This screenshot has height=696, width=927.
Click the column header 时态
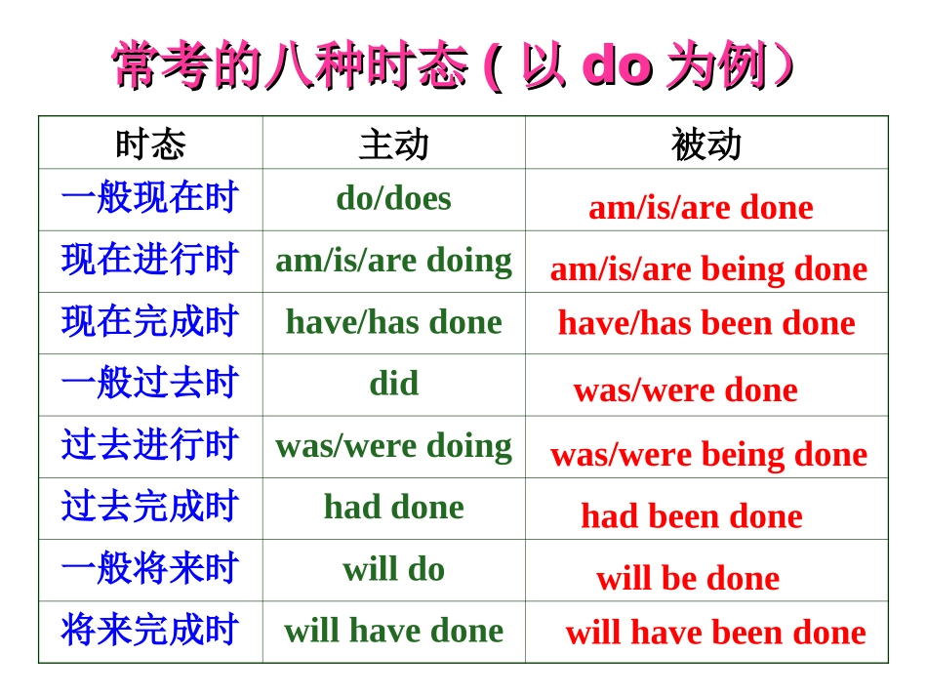pos(150,144)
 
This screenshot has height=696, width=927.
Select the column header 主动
pos(393,144)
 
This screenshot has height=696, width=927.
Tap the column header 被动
pos(705,144)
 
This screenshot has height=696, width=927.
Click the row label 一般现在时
pos(150,198)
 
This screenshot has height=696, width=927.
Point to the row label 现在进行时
pos(150,261)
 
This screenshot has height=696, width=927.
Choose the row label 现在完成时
pos(150,322)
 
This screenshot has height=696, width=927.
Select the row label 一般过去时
pos(150,384)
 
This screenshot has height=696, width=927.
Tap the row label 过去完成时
pos(150,508)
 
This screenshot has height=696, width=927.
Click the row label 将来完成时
pos(150,631)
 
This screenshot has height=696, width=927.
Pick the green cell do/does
pos(393,198)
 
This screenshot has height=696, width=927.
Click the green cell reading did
pos(393,384)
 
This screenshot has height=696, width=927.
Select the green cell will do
pos(393,569)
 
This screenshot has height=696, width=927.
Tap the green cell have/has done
pos(393,322)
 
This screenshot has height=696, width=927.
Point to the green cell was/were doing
pos(393,446)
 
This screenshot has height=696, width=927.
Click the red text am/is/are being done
pos(708,269)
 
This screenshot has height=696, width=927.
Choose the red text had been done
pos(691,516)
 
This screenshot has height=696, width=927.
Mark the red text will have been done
pos(715,633)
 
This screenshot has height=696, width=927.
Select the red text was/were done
pos(685,390)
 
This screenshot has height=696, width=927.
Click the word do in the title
pos(616,66)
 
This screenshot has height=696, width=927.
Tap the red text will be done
pos(688,579)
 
